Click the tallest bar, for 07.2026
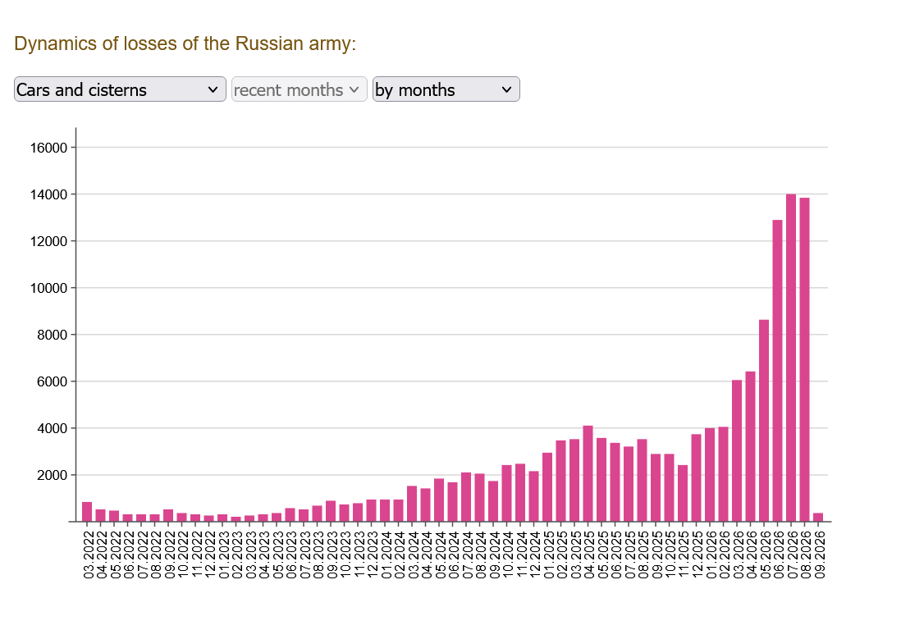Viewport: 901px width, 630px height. pos(791,358)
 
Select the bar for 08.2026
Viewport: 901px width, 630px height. pos(804,359)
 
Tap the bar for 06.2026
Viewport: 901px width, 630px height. pos(777,371)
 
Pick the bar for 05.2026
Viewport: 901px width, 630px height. pos(764,420)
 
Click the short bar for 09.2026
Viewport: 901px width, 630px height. pos(818,518)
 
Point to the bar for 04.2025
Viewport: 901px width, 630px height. pos(588,474)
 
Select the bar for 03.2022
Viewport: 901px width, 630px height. pos(87,512)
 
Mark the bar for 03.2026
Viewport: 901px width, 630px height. pos(737,451)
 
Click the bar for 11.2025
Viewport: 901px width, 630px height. pos(683,493)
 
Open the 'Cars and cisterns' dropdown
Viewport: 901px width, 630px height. pos(120,89)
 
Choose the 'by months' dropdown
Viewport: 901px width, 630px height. pos(446,89)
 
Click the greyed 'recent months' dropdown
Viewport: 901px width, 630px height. pos(299,89)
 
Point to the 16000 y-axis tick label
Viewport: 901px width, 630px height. pos(49,148)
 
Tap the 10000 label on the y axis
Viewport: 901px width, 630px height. pos(49,288)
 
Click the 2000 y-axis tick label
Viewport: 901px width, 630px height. pos(53,476)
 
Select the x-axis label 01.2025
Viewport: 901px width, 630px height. pos(548,555)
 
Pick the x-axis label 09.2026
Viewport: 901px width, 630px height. pos(820,555)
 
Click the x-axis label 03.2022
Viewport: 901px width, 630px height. pos(88,555)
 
